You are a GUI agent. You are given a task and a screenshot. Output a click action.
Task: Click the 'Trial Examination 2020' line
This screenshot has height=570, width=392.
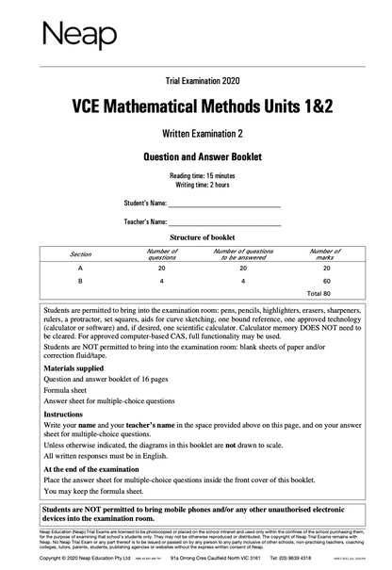click(x=196, y=82)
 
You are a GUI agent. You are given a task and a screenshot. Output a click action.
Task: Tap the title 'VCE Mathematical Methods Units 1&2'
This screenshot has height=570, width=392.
click(x=196, y=106)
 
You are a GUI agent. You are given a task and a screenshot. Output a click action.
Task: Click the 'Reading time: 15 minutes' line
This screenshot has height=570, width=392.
click(x=196, y=176)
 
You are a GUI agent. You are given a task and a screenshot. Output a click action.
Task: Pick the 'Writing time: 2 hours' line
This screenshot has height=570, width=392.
click(x=196, y=186)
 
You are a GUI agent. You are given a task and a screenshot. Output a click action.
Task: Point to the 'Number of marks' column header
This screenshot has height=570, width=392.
click(x=325, y=254)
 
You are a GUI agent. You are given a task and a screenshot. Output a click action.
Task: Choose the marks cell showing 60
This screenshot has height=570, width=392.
click(x=326, y=281)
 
